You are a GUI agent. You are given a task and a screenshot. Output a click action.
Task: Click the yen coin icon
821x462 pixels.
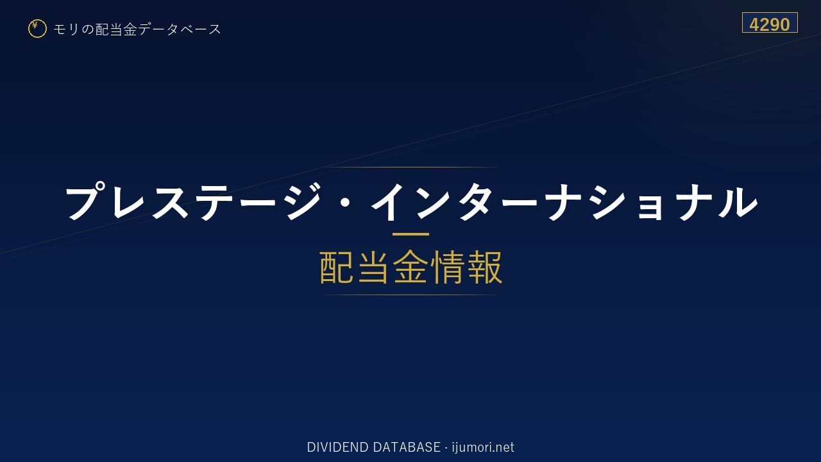click(x=37, y=29)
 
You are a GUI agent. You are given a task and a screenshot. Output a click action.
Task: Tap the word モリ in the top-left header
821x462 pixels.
click(x=66, y=30)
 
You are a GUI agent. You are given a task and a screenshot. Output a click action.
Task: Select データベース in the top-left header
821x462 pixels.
click(x=180, y=30)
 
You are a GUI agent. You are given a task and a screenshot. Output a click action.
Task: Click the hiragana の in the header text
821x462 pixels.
click(x=88, y=30)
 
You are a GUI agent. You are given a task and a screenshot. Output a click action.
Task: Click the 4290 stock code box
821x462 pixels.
click(x=770, y=22)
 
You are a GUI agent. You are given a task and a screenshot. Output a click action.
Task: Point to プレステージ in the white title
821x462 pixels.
click(x=193, y=201)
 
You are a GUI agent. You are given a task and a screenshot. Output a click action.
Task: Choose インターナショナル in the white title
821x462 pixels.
click(x=564, y=201)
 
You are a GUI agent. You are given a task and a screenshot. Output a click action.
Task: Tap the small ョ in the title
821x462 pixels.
click(x=650, y=207)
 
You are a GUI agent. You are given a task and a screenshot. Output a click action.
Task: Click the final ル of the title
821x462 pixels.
click(x=738, y=201)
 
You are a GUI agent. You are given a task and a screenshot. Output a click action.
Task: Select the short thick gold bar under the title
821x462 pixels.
click(x=410, y=234)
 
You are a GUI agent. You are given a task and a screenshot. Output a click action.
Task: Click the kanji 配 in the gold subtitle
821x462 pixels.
click(x=337, y=267)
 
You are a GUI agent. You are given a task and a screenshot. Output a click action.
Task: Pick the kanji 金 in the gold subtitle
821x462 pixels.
click(x=410, y=267)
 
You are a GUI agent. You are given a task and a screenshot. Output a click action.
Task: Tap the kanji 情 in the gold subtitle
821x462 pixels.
click(x=448, y=267)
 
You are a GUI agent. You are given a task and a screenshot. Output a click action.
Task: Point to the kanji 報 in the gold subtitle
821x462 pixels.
click(x=485, y=267)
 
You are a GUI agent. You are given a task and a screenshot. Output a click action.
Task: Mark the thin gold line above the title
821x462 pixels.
click(x=410, y=167)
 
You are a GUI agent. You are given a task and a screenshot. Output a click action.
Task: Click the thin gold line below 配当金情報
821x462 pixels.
click(x=410, y=295)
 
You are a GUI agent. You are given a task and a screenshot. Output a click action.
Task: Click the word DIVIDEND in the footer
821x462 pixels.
click(x=337, y=447)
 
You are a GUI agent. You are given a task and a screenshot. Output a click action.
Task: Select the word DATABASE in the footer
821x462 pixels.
click(x=407, y=447)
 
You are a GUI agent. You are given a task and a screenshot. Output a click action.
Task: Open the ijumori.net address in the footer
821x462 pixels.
click(x=483, y=448)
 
